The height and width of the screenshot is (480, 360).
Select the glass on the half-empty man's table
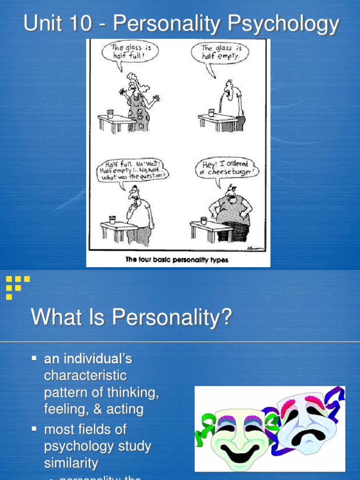click(x=211, y=112)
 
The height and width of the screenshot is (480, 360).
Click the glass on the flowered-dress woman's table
click(x=110, y=113)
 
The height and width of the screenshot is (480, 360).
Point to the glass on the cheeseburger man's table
click(x=203, y=220)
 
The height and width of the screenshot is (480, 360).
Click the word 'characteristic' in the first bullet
click(x=85, y=376)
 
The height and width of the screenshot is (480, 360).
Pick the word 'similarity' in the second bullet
click(x=71, y=463)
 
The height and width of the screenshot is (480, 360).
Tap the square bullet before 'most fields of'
click(x=34, y=429)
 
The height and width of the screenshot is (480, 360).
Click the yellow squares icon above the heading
click(x=18, y=286)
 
